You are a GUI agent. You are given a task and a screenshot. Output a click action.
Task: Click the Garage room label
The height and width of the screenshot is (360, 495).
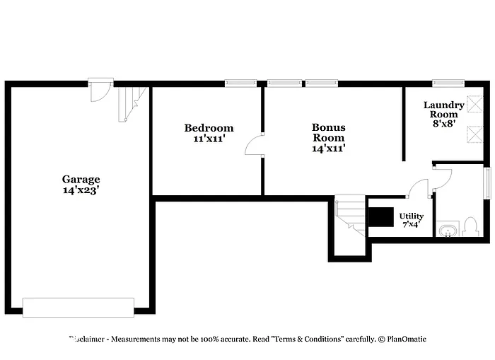pos(81,180)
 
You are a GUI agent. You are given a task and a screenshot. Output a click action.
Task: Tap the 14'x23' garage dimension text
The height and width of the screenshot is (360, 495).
pos(81,190)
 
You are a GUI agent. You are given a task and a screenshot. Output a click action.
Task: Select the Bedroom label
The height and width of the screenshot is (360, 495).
pos(209,128)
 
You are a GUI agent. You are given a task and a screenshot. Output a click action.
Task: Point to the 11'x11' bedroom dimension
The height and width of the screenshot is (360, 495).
pos(209,139)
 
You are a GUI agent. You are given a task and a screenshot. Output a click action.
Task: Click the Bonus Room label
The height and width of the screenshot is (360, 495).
pos(329,132)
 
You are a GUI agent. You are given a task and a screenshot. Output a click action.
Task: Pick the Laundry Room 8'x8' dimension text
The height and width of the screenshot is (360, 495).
pos(444,123)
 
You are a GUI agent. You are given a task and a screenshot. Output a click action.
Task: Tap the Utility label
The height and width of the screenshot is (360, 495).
pos(411,216)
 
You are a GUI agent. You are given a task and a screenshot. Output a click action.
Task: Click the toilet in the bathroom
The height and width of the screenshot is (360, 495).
pos(472,226)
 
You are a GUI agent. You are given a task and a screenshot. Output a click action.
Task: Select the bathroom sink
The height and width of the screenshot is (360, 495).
pos(448,230)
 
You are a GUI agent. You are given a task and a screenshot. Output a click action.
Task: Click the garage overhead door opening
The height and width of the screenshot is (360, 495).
pos(78,307)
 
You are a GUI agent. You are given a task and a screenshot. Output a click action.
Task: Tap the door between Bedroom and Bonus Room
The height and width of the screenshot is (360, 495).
pos(254,144)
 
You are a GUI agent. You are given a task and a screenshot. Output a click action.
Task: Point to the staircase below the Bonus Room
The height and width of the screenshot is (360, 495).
pos(349,215)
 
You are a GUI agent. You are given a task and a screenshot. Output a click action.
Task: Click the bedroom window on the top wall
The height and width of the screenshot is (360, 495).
pos(240,83)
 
